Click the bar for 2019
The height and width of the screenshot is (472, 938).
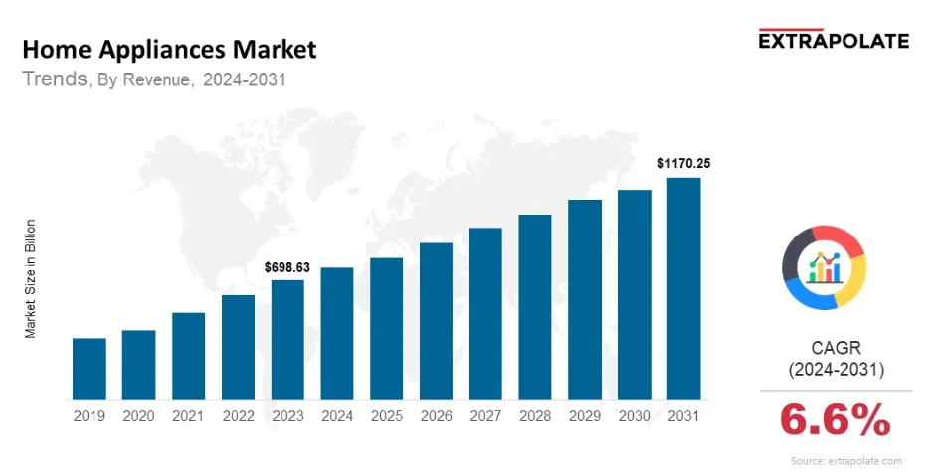(90, 369)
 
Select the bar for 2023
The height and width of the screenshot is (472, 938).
(287, 340)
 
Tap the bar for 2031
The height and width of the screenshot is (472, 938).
(683, 289)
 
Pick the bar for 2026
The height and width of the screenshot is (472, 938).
(436, 321)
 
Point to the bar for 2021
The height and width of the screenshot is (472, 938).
(188, 356)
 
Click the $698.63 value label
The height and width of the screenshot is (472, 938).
(287, 268)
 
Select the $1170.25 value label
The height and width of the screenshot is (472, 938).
(683, 163)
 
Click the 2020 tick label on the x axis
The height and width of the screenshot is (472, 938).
(139, 416)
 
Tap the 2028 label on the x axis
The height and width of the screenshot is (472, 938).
(535, 416)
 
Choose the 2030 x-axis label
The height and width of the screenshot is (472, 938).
(634, 416)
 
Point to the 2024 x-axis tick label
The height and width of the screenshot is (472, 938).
(337, 416)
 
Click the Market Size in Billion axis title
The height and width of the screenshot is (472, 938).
(31, 278)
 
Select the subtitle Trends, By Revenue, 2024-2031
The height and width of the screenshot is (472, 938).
(154, 80)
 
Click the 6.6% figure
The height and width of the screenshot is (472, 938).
(836, 422)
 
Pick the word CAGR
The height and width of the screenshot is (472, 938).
(836, 347)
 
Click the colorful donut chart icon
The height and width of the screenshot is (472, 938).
(825, 266)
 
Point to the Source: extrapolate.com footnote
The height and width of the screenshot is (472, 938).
(846, 461)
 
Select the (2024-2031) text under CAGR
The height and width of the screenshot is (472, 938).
(836, 370)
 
